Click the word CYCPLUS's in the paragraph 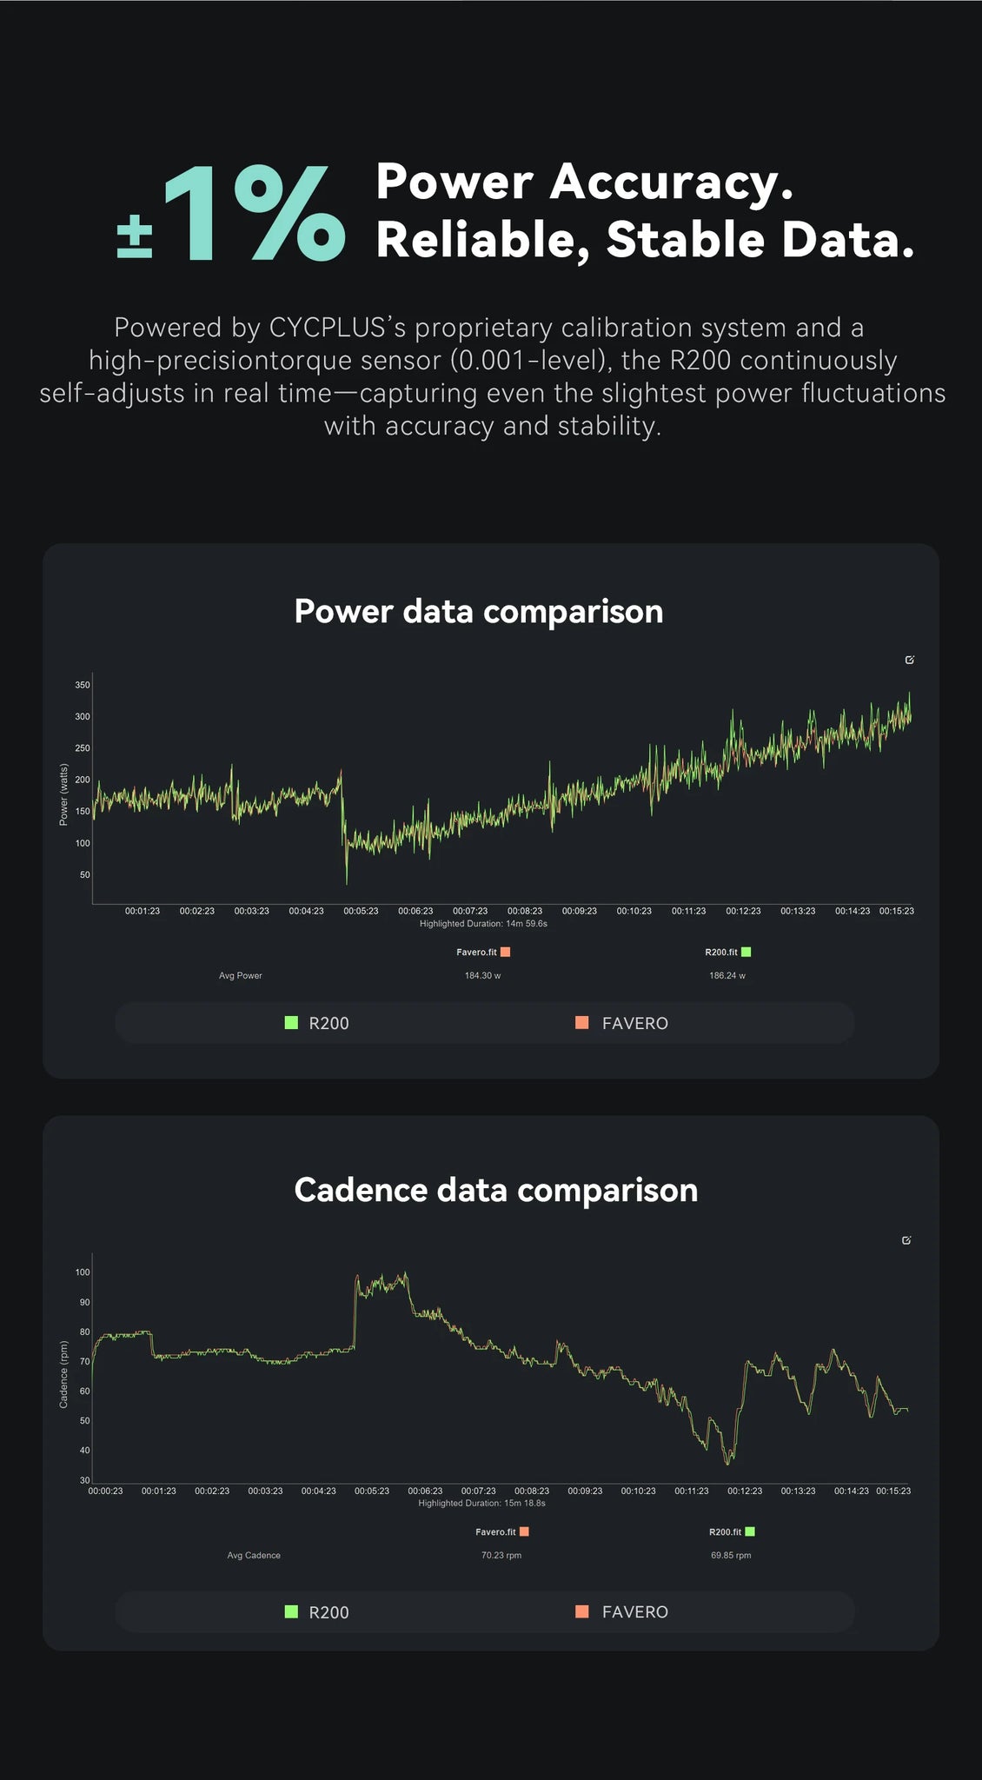tap(337, 328)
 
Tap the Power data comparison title tap(478, 611)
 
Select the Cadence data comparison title tap(495, 1190)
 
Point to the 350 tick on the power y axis tap(83, 685)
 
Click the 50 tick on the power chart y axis tap(85, 874)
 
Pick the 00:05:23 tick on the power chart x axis tap(361, 911)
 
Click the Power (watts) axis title tap(63, 794)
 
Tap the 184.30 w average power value tap(482, 975)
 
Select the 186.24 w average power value tap(727, 975)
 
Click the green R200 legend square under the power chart tap(292, 1023)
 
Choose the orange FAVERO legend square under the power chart tap(582, 1023)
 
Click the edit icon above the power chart tap(910, 660)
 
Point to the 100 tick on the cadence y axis tap(83, 1272)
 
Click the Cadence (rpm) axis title tap(63, 1374)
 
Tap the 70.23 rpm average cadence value tap(501, 1555)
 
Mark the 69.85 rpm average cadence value tap(731, 1555)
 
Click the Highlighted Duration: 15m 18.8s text tap(481, 1503)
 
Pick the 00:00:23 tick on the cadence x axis tap(105, 1491)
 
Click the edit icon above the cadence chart tap(906, 1240)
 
